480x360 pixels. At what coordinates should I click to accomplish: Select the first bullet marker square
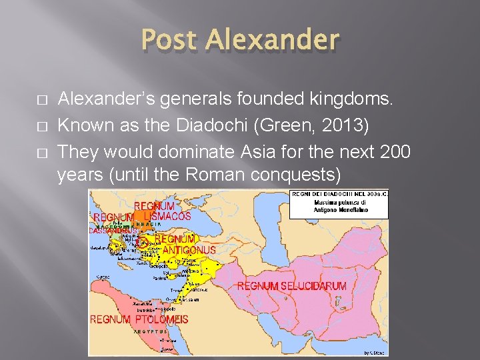point(41,101)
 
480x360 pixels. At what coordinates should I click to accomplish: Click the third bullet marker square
point(41,153)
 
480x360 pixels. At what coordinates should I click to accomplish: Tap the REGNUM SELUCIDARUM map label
point(292,286)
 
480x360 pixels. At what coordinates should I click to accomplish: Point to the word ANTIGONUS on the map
point(189,250)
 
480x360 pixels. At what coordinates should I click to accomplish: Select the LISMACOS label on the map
point(167,216)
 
